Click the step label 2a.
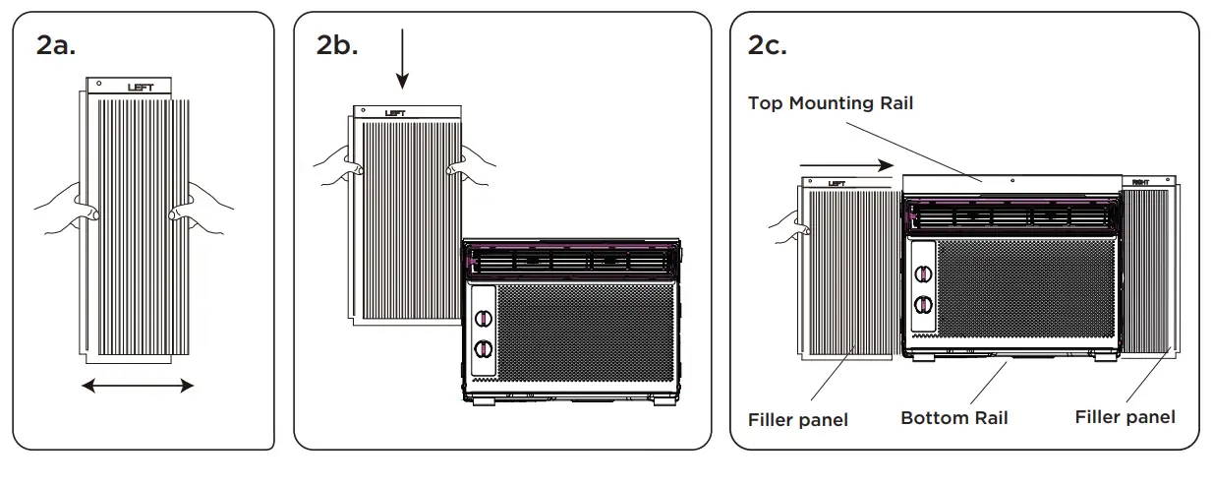[55, 45]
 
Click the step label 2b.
[337, 45]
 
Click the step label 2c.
[767, 45]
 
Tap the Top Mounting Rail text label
[831, 103]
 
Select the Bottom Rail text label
[953, 418]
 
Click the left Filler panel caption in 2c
[798, 420]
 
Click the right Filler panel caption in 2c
[1125, 417]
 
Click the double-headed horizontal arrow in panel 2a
[138, 387]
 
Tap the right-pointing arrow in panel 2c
[846, 165]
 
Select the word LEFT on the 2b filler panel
[395, 113]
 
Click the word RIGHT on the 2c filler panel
[1140, 182]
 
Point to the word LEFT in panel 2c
[837, 183]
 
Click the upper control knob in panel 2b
[484, 318]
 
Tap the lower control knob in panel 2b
[484, 348]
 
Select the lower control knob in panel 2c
[922, 304]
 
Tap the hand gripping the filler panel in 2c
[788, 227]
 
